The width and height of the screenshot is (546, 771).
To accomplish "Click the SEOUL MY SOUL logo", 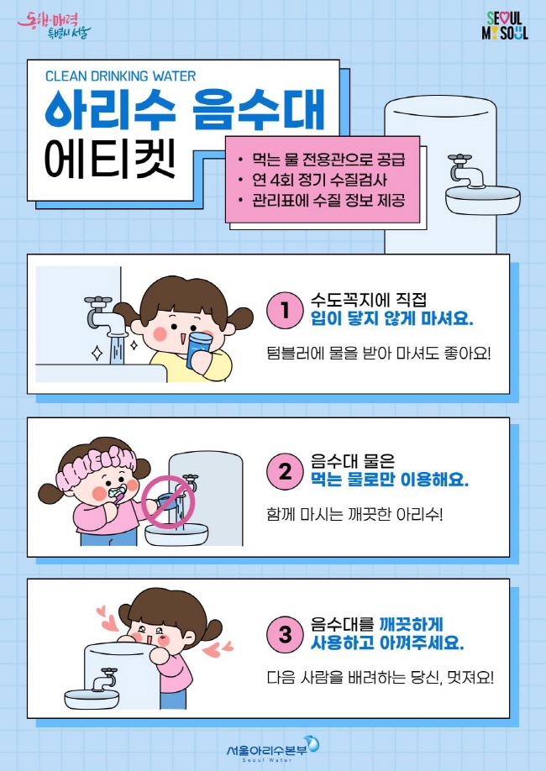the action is tap(505, 25).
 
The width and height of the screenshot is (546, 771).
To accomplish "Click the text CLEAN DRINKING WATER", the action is tap(120, 76).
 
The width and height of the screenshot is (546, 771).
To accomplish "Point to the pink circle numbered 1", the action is tap(285, 310).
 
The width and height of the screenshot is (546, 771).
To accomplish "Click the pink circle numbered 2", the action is tap(285, 471).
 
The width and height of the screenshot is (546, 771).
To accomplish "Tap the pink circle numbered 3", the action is tap(285, 634).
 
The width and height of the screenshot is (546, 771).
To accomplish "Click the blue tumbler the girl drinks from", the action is tap(199, 349).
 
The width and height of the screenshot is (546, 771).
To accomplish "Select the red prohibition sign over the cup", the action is tap(168, 502).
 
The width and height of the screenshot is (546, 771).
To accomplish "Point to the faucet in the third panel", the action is tap(104, 679).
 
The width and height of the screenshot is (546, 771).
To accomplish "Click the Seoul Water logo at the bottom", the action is tap(272, 749).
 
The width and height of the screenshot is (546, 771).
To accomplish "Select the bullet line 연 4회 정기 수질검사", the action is tap(319, 180).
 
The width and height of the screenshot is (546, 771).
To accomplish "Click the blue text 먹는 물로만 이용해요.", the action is tap(390, 479).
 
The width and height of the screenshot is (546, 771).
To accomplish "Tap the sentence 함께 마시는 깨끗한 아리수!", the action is tap(354, 515).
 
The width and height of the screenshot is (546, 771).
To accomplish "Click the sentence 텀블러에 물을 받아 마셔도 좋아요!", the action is tap(379, 353).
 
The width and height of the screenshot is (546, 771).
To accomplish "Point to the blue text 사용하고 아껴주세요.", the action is tap(387, 642).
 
